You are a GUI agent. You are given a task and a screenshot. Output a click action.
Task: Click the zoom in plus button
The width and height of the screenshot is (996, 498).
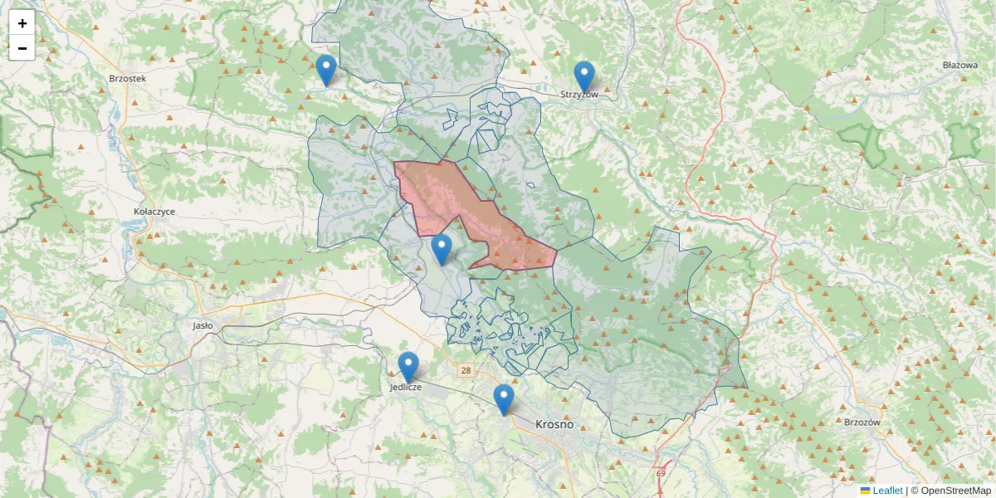click(22, 23)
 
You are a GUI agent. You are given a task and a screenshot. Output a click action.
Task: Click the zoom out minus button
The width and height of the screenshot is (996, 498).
click(22, 48)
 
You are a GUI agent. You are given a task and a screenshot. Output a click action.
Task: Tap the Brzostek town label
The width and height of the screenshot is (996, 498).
click(127, 78)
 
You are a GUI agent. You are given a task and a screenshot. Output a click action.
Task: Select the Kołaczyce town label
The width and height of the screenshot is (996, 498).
click(154, 212)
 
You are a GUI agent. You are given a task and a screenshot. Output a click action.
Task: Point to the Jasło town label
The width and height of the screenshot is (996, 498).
click(203, 326)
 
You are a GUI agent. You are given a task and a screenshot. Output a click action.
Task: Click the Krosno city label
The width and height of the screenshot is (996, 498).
click(554, 424)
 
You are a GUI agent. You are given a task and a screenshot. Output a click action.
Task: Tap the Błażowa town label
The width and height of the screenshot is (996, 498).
click(960, 65)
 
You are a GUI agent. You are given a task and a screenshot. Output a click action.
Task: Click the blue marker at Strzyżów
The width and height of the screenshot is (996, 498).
click(584, 76)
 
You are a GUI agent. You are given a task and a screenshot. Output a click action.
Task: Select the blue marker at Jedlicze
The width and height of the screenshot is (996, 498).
click(408, 367)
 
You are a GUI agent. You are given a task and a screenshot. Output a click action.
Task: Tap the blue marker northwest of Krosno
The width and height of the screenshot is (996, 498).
click(503, 399)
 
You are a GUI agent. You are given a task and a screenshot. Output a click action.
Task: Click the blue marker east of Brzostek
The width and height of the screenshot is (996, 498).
click(327, 70)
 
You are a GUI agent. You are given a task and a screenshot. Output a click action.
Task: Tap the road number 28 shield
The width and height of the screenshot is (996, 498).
click(466, 370)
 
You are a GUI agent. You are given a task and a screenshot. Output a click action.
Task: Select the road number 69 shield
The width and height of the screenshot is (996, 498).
click(661, 473)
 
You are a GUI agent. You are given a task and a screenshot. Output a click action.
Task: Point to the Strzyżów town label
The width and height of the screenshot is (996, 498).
click(579, 95)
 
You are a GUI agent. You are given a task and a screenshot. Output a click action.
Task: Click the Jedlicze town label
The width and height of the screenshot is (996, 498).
click(406, 387)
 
